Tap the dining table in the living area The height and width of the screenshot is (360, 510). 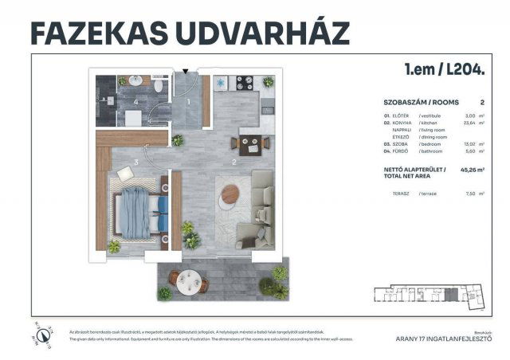245,144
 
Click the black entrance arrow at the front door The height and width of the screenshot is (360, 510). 186,72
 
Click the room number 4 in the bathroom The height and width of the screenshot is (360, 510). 136,102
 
